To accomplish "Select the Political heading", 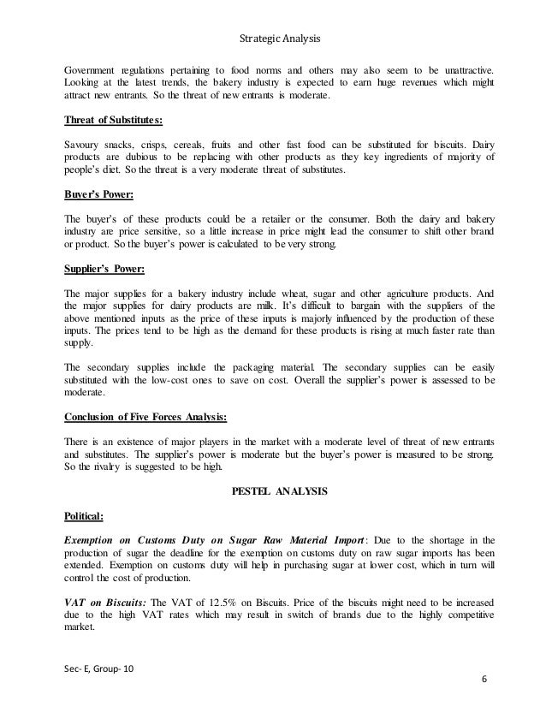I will [86, 518].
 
